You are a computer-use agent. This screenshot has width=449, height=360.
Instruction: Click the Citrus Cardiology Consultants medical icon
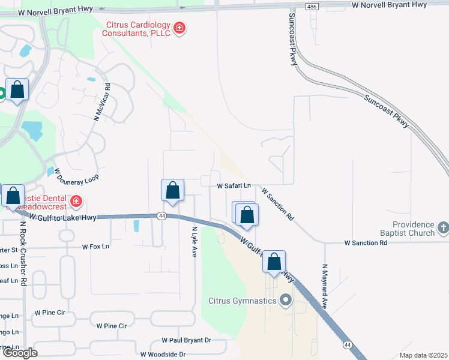tap(179, 28)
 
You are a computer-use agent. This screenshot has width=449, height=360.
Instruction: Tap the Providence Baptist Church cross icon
tap(443, 227)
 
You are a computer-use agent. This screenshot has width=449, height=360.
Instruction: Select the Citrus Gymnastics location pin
tap(285, 300)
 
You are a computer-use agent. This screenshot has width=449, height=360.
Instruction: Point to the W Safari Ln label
tap(234, 186)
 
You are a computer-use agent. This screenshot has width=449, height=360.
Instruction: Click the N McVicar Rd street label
tap(101, 102)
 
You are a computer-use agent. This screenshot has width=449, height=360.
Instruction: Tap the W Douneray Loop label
tap(76, 175)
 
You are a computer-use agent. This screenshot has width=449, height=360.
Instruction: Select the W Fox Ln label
tap(96, 246)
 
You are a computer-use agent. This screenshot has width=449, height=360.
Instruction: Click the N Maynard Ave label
tap(324, 286)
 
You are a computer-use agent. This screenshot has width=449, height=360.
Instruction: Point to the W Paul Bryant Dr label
tap(187, 340)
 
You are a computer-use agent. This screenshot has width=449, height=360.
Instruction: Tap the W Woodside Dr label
tap(163, 355)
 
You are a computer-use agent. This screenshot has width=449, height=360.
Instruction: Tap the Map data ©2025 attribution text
tap(423, 355)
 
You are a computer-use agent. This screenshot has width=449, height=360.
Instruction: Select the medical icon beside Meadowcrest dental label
tap(76, 200)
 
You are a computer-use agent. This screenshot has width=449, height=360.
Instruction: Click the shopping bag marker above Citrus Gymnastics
tap(274, 262)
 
